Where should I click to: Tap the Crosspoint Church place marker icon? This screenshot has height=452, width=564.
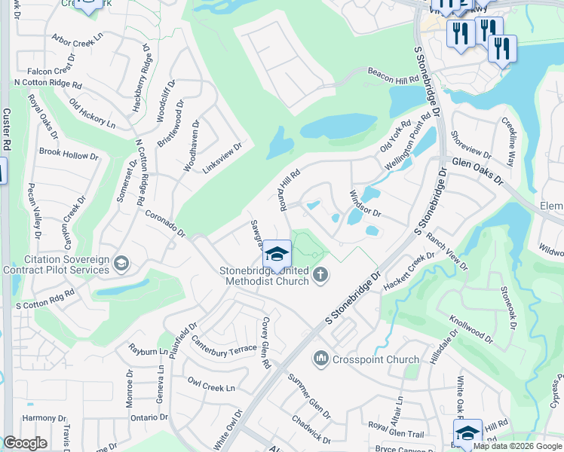pyautogui.click(x=321, y=359)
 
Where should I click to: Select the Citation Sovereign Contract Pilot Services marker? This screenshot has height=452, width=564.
pyautogui.click(x=121, y=263)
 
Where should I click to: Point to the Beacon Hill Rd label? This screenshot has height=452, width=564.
pyautogui.click(x=392, y=75)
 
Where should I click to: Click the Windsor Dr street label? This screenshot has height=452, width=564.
pyautogui.click(x=365, y=203)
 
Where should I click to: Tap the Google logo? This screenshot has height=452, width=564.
pyautogui.click(x=25, y=444)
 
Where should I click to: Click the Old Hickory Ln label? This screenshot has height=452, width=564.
pyautogui.click(x=92, y=112)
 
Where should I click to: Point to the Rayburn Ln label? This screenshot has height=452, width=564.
pyautogui.click(x=146, y=351)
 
